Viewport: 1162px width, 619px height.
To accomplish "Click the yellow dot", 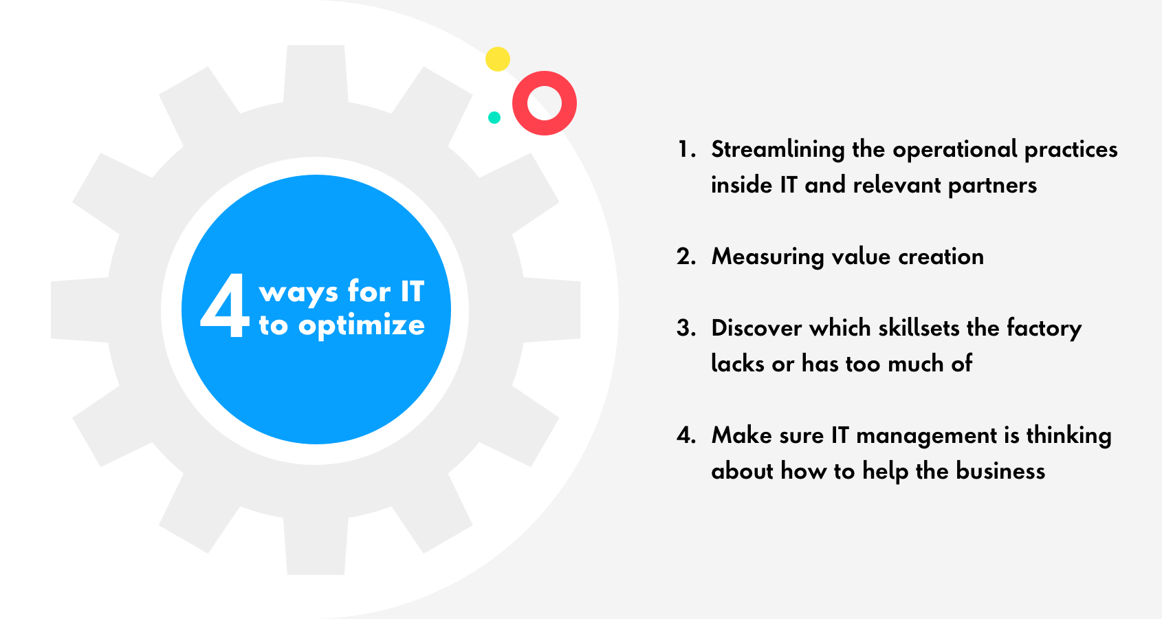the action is click(498, 59).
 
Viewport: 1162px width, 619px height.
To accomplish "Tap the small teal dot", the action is click(494, 118).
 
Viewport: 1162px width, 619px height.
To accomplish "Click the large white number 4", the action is click(224, 305).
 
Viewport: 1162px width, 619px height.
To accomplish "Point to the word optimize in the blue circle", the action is click(362, 327).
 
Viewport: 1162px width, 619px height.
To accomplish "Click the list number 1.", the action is click(686, 149).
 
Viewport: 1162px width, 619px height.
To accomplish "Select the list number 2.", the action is click(686, 257).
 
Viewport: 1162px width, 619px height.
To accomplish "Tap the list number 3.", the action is click(686, 329).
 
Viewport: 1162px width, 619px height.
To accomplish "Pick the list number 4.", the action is click(686, 435).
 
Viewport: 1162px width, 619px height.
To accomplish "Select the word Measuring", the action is click(768, 257).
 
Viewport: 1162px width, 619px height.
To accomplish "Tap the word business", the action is click(1000, 471).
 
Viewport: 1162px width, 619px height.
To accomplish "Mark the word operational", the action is click(954, 151).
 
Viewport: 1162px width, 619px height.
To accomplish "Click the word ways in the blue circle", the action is click(299, 293).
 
